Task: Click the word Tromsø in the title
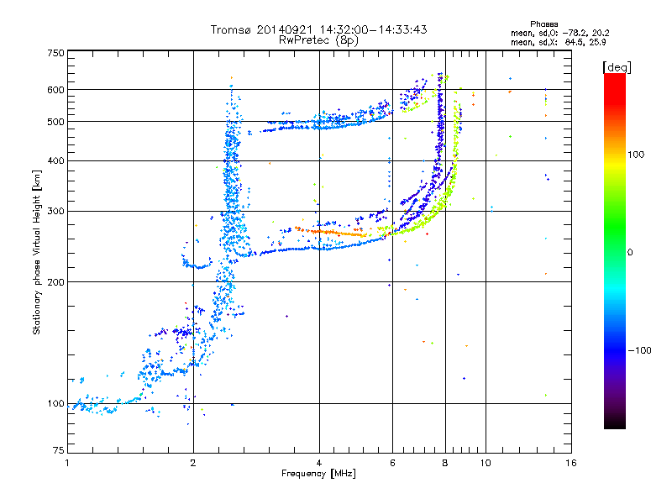229,29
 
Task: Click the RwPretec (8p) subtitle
318,39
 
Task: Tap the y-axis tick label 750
55,52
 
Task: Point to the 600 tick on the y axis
55,89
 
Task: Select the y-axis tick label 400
55,160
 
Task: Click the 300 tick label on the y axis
55,211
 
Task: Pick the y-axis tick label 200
55,281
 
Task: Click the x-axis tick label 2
193,463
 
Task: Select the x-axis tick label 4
319,463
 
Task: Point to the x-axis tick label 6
392,463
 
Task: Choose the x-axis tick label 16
570,463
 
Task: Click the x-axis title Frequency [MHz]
318,474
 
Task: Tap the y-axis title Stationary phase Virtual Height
37,252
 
